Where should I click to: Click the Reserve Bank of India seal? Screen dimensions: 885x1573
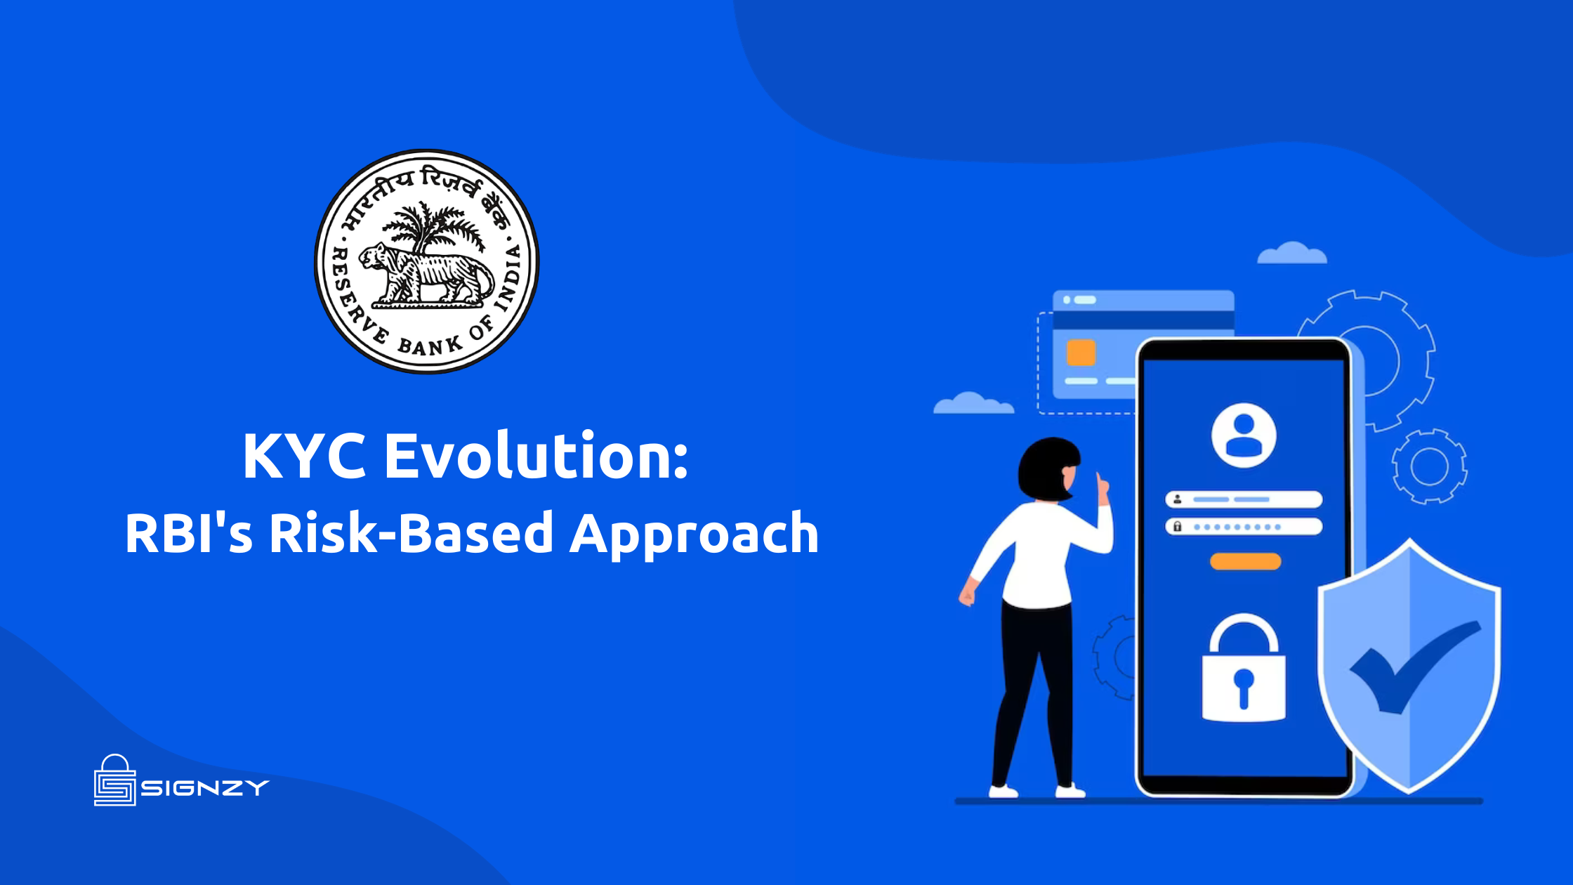[x=426, y=261]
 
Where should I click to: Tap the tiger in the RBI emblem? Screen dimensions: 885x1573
[x=425, y=274]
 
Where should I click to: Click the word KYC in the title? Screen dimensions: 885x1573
[x=303, y=457]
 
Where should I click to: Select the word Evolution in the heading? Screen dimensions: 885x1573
[x=536, y=457]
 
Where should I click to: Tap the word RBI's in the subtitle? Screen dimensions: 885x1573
[x=188, y=532]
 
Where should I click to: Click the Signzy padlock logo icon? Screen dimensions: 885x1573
[x=114, y=781]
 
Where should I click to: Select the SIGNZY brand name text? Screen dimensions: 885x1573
[x=205, y=788]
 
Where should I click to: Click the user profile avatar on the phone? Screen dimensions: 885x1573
[x=1244, y=435]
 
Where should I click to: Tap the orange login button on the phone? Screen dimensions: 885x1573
[x=1245, y=561]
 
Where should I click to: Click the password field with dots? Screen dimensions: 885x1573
[x=1244, y=527]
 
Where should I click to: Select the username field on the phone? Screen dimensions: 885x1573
[x=1244, y=499]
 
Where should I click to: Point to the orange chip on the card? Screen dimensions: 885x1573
[x=1081, y=353]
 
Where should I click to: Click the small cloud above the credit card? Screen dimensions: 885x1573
[x=1291, y=254]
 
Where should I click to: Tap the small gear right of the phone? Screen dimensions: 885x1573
[x=1429, y=466]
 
